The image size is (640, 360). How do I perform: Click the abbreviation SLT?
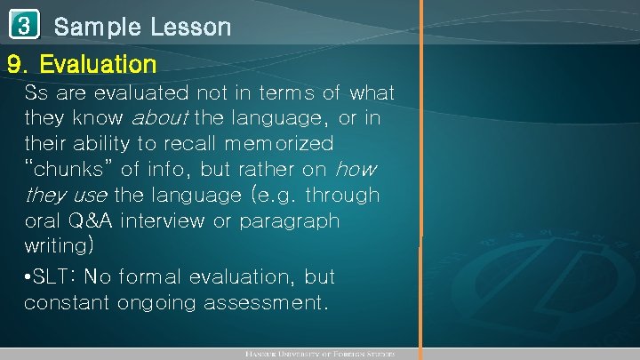pos(55,276)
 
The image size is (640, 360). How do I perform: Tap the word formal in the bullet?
pos(160,276)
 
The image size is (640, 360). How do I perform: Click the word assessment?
pos(266,302)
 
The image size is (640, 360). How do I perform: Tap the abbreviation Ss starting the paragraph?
pos(37,92)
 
